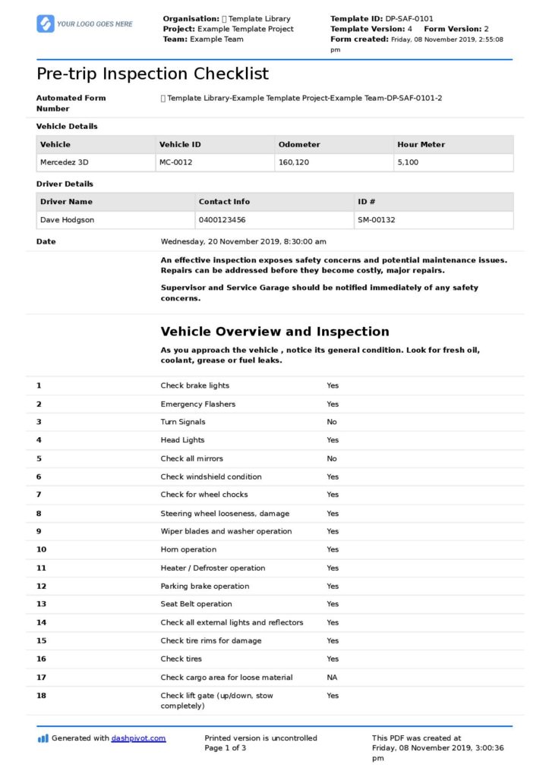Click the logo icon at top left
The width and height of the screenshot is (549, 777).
46,24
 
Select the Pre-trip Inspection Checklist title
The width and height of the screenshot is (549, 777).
153,74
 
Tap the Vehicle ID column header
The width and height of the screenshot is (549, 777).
180,144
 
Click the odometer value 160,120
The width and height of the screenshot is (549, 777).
294,162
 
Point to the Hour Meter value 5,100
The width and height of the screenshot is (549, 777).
408,162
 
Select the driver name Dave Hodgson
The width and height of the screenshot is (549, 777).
67,220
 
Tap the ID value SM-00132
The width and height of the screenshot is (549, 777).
376,220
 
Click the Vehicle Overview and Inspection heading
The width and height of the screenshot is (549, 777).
275,332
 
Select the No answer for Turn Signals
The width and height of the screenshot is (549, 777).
332,422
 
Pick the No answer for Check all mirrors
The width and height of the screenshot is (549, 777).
332,458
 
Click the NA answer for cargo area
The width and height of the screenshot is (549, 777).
333,678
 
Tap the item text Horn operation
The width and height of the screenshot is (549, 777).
188,549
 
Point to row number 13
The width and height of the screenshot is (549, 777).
41,604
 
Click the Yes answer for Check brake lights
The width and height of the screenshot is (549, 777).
333,385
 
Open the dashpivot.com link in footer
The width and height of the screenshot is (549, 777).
138,738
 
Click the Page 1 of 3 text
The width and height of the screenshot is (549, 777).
226,748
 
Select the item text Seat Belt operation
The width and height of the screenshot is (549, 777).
196,604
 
